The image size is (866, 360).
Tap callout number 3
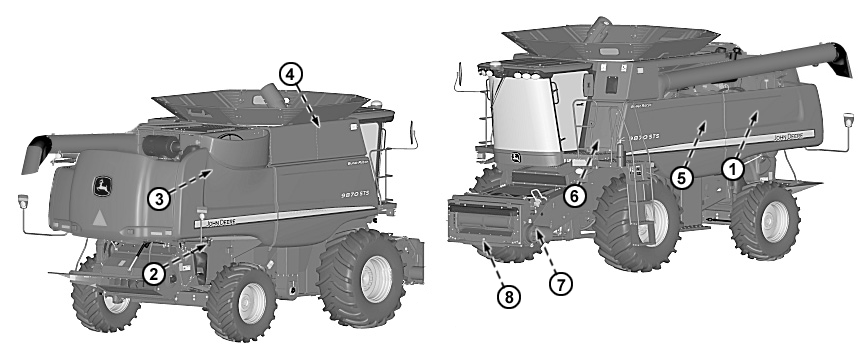coord(157,198)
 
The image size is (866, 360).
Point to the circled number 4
coord(288,73)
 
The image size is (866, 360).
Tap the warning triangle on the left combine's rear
coord(99,216)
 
